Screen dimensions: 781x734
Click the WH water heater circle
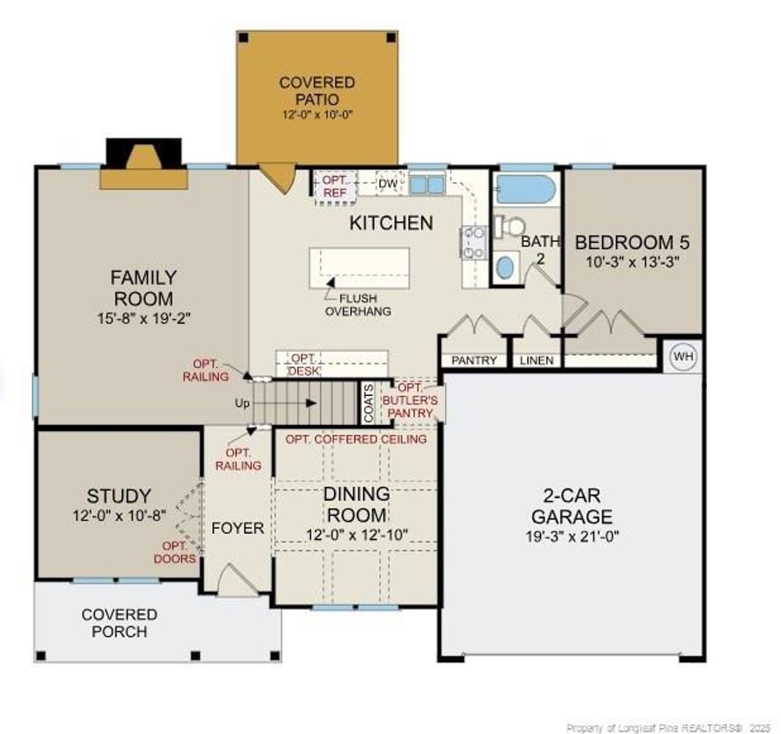pos(683,357)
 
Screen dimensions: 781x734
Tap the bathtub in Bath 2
pos(526,189)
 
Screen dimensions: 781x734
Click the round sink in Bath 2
pos(505,268)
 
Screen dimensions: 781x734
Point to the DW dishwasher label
pos(388,184)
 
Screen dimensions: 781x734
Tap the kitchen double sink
pos(427,184)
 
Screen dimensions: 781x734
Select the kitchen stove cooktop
pos(473,242)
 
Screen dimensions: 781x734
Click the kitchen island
pos(359,268)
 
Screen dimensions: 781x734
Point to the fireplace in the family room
pos(144,164)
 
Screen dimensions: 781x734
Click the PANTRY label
pos(474,361)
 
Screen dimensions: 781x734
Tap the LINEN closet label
pos(536,361)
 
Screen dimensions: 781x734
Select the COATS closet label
pos(369,403)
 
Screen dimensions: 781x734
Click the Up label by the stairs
pos(242,403)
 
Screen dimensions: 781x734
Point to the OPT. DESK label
pos(304,365)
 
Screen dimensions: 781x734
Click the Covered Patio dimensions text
pos(317,115)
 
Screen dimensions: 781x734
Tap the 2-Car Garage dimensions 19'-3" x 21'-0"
pos(572,536)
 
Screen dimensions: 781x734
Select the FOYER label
pos(237,528)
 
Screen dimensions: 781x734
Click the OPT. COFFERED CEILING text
pos(356,439)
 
